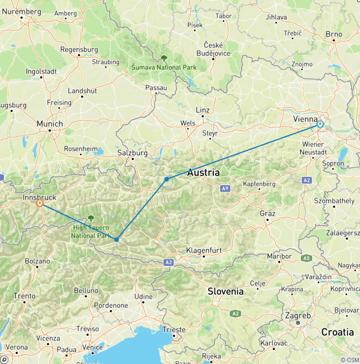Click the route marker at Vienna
point(320,124)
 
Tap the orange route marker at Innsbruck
point(40,204)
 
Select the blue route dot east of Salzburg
point(166,179)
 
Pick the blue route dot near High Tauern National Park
point(116,240)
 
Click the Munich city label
point(50,124)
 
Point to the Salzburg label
point(133,153)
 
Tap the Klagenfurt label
point(204,250)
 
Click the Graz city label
point(267,213)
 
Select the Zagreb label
point(298,316)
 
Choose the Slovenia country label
point(226,291)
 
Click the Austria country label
point(203,173)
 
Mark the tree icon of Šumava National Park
point(164,58)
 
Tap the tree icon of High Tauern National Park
point(90,218)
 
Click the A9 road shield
point(225,189)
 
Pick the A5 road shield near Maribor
point(307,258)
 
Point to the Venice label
point(92,348)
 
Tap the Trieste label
point(174,330)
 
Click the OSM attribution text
point(349,360)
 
